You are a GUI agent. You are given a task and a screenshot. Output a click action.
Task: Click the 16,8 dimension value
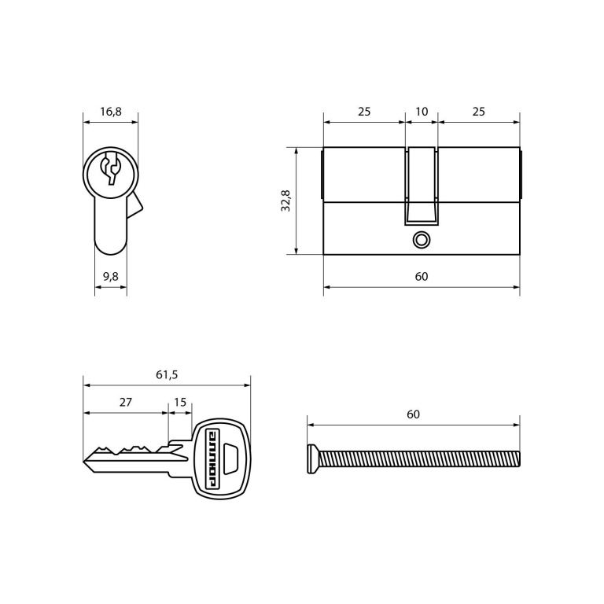coord(111,112)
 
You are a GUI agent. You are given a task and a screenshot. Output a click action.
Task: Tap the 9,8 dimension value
coord(111,276)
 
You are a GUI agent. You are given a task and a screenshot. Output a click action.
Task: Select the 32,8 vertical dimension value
coord(285,201)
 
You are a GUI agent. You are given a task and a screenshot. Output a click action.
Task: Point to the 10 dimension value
coord(422,112)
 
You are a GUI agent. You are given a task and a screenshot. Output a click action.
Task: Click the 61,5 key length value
coord(167,374)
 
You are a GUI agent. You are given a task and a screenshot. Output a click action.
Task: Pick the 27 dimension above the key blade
coord(126,402)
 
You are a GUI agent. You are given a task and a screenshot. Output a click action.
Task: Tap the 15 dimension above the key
coord(180,402)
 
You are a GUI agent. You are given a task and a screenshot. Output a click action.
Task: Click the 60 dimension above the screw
coord(413,414)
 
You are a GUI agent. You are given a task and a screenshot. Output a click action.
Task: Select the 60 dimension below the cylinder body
coord(422,276)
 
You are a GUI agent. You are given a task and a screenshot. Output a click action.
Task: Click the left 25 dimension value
coord(364,112)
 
